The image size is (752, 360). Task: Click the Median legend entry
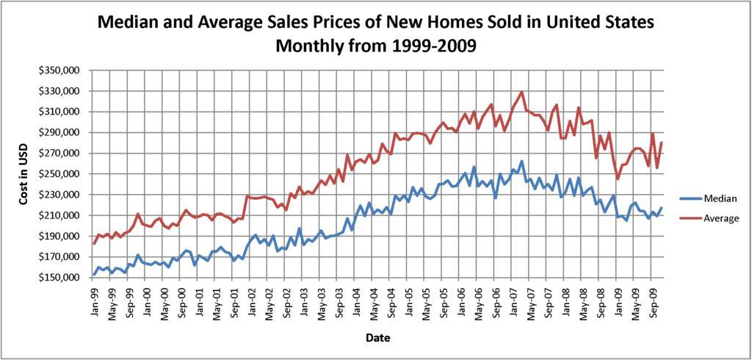pos(720,198)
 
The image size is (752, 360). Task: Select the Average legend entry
pos(722,218)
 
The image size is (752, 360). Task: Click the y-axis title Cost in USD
pos(23,174)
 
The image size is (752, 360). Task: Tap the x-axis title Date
pos(378,338)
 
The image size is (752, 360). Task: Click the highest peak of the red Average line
pos(522,93)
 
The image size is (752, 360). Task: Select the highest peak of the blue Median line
pos(522,161)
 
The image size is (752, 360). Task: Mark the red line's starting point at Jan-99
pos(94,243)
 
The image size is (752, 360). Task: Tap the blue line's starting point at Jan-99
pos(94,275)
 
